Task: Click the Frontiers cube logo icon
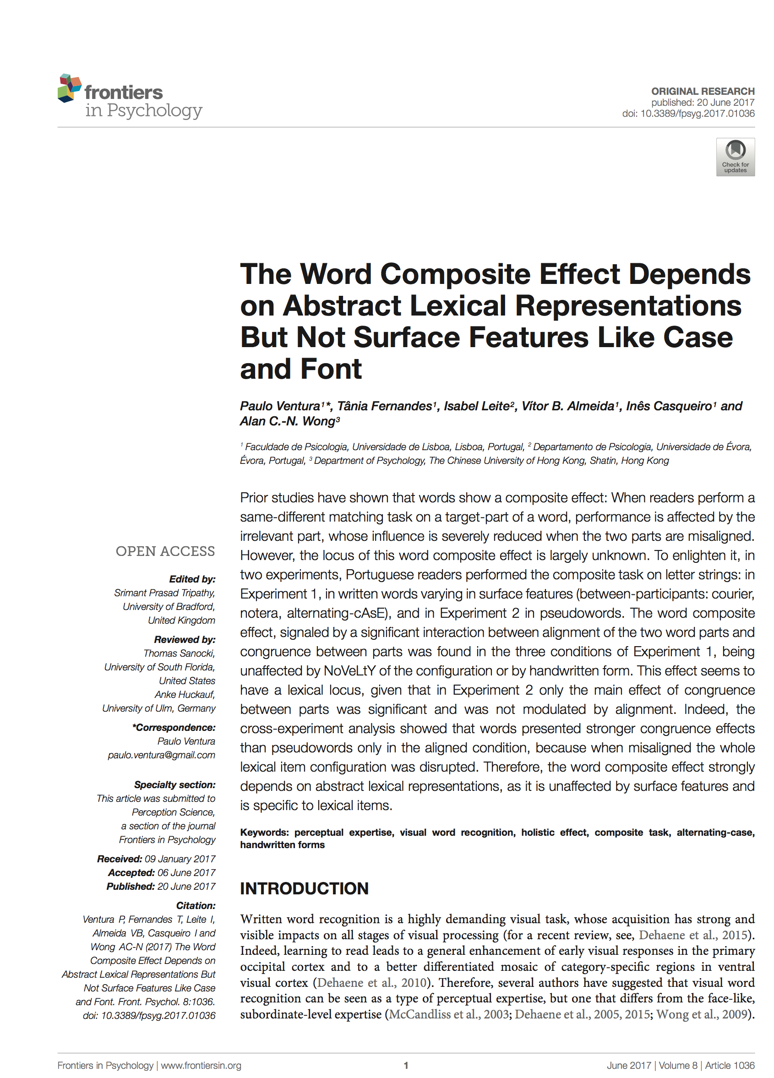(70, 88)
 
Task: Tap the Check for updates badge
(735, 157)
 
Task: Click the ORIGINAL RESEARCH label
(702, 91)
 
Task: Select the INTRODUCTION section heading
(304, 888)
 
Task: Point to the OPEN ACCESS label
(165, 551)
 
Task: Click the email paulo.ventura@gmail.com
(161, 755)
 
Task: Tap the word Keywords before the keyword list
(264, 832)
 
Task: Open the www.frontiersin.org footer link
(201, 1065)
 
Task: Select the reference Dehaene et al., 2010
(371, 982)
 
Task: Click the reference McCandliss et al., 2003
(448, 1014)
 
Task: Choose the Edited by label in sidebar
(192, 579)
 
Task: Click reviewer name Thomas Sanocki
(179, 653)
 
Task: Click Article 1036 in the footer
(729, 1065)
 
